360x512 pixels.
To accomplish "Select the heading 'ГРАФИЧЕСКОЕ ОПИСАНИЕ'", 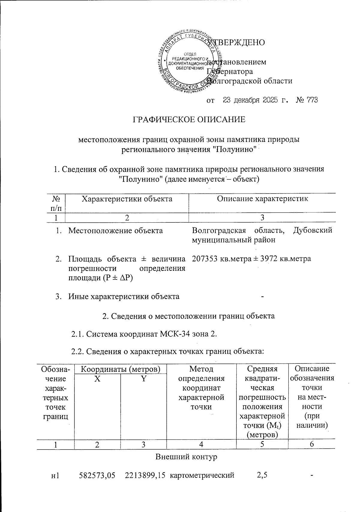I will [189, 119].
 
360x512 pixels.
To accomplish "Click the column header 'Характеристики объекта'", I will [127, 199].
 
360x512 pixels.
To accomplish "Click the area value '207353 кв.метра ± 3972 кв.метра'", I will [251, 258].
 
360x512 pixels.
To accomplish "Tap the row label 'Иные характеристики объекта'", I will [124, 297].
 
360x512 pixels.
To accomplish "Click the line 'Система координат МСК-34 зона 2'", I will [144, 334].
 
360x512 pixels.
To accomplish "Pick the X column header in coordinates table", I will [97, 379].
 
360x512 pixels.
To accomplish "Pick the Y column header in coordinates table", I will [144, 379].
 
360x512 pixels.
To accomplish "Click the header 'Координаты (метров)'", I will [120, 369].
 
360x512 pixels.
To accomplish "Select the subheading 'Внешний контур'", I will [186, 457].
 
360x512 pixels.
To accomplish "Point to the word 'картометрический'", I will [202, 475].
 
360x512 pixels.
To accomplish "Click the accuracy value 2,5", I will [262, 475].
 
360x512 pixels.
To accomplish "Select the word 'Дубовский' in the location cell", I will [313, 230].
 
